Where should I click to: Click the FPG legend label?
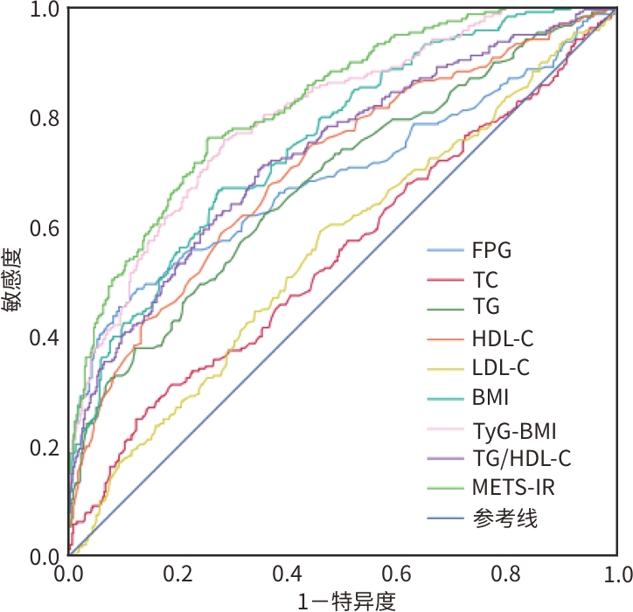point(491,251)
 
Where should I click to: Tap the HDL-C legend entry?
point(501,338)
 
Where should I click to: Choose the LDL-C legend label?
point(499,368)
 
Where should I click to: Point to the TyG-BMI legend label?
point(514,430)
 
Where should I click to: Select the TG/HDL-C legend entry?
point(521,458)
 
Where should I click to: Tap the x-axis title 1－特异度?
point(342,601)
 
